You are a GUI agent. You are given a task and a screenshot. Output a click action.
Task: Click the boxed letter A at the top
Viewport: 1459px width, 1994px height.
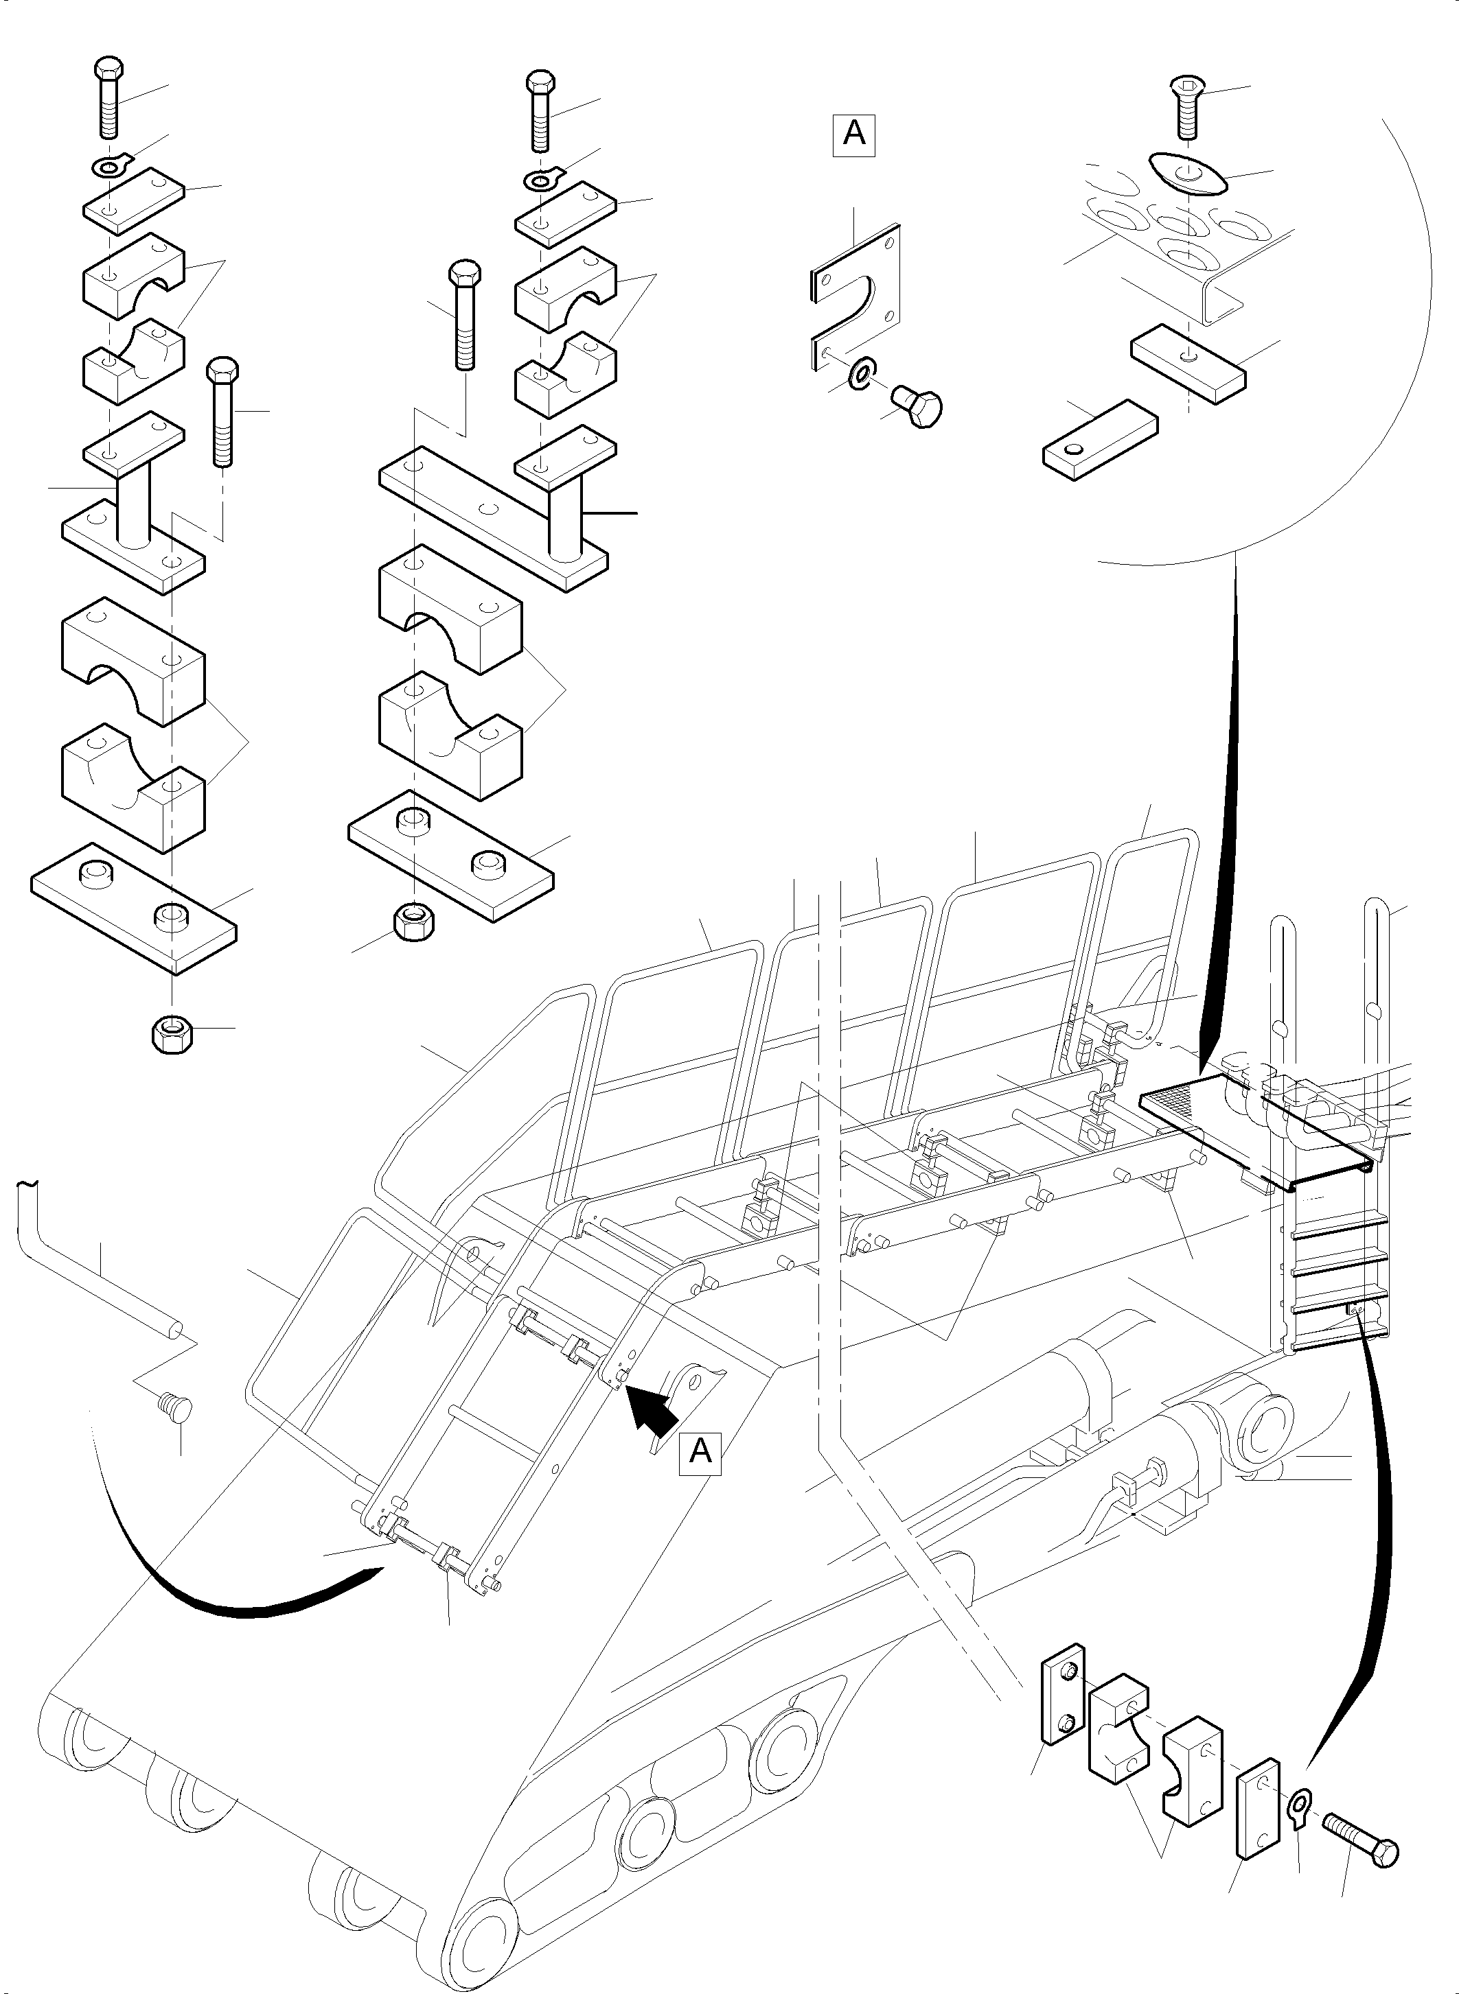[x=853, y=134]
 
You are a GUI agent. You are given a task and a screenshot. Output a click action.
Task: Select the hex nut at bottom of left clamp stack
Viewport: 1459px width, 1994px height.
[x=173, y=1033]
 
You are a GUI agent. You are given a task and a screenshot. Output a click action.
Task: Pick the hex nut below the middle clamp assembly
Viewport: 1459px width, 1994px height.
[x=413, y=924]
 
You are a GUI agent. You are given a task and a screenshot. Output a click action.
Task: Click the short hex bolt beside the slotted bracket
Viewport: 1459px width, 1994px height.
[x=917, y=407]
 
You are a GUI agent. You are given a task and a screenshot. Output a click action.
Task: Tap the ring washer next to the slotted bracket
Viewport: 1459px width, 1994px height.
[x=858, y=373]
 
